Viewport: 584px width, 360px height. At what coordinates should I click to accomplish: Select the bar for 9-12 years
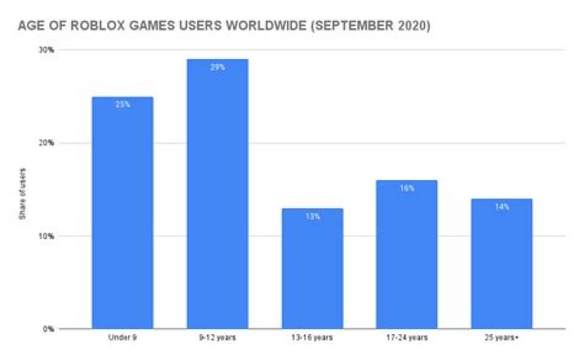[217, 195]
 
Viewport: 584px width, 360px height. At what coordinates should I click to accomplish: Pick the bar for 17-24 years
[407, 255]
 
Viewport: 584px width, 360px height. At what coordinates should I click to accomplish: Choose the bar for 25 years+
[502, 264]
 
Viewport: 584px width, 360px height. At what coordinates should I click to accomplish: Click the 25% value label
[122, 104]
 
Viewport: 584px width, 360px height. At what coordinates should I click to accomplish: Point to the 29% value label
[217, 66]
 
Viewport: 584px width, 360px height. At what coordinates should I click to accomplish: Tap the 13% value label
[312, 216]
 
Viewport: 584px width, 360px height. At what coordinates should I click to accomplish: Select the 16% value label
[407, 187]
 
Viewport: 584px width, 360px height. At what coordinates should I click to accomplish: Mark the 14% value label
[502, 206]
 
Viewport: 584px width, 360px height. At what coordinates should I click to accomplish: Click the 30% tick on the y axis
[48, 50]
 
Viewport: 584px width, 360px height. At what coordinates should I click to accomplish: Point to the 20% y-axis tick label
[48, 144]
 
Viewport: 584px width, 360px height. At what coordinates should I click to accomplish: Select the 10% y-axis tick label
[48, 237]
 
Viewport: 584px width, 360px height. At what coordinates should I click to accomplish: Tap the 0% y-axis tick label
[50, 329]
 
